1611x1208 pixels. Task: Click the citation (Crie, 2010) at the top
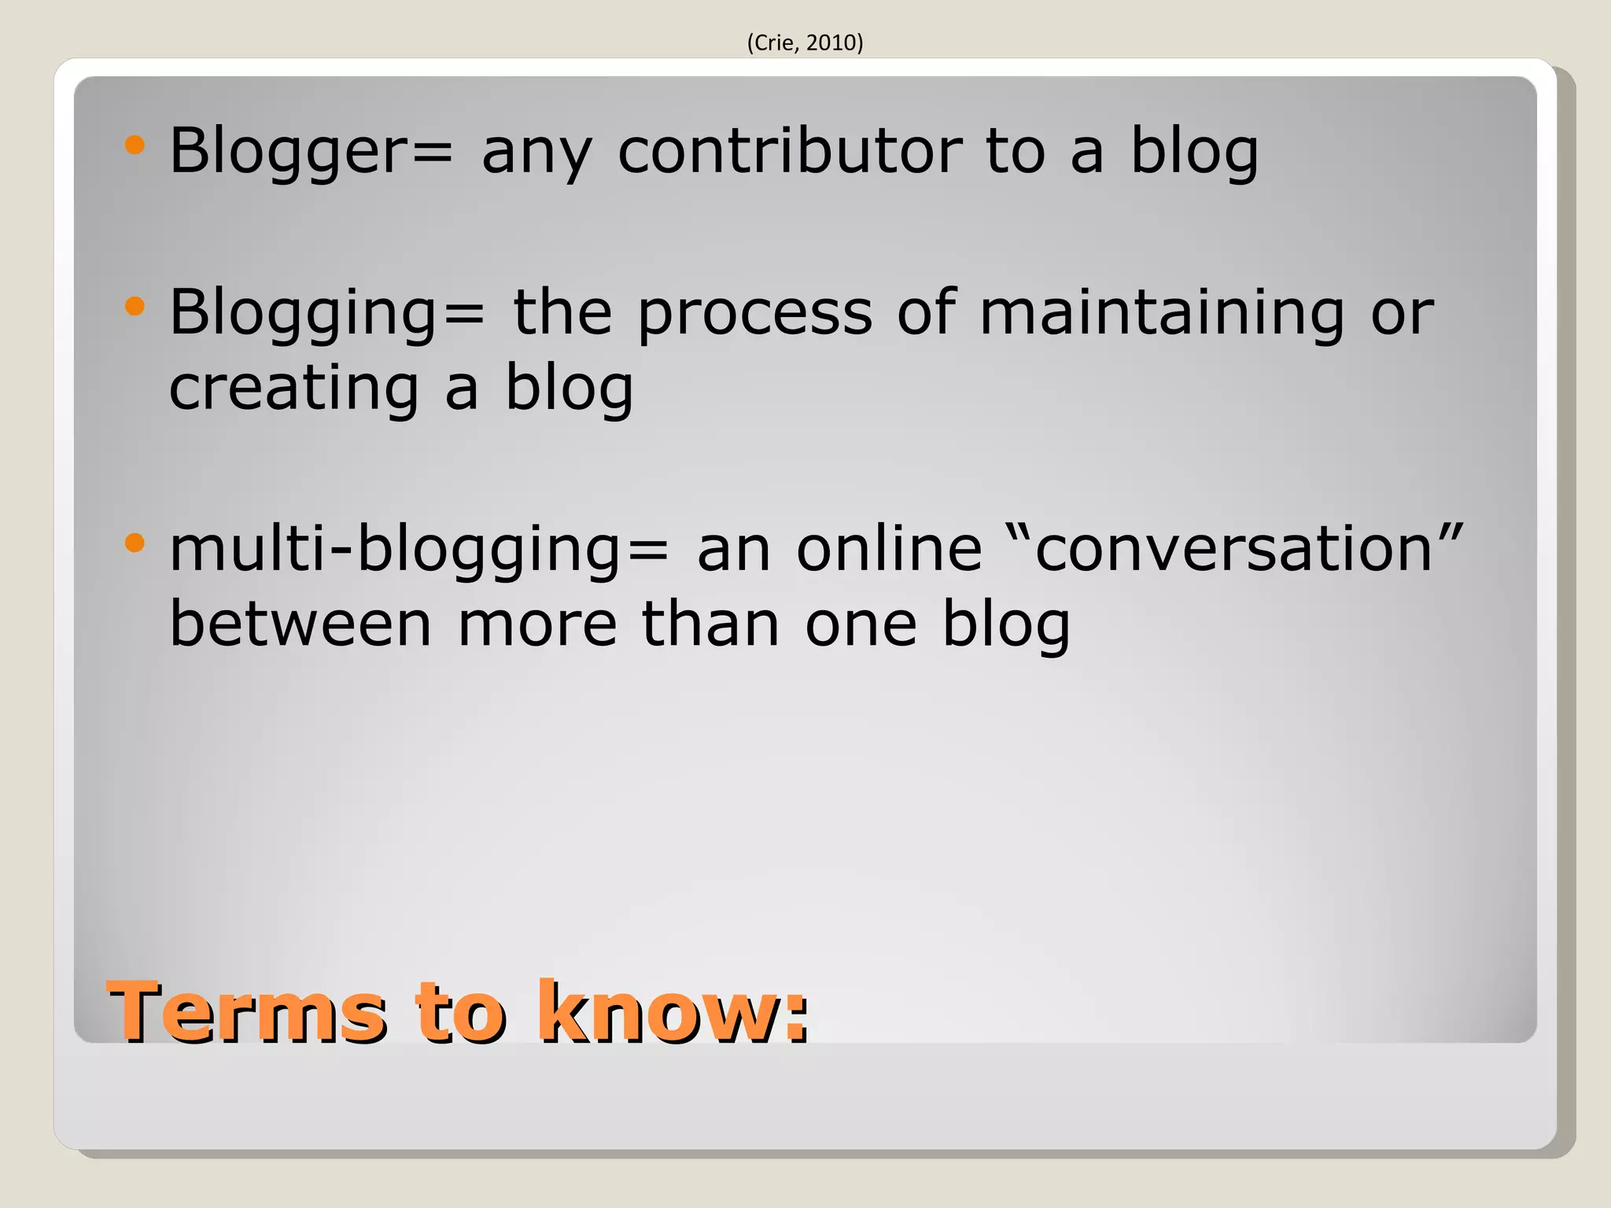click(805, 42)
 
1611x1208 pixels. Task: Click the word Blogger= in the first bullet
click(312, 151)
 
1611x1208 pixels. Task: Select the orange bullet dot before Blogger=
click(135, 145)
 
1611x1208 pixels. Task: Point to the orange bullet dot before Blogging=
click(135, 306)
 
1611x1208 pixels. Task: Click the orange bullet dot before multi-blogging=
click(135, 543)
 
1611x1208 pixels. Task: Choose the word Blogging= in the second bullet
click(327, 313)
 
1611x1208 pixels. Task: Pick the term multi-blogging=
click(419, 549)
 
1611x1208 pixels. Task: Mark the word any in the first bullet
click(536, 153)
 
